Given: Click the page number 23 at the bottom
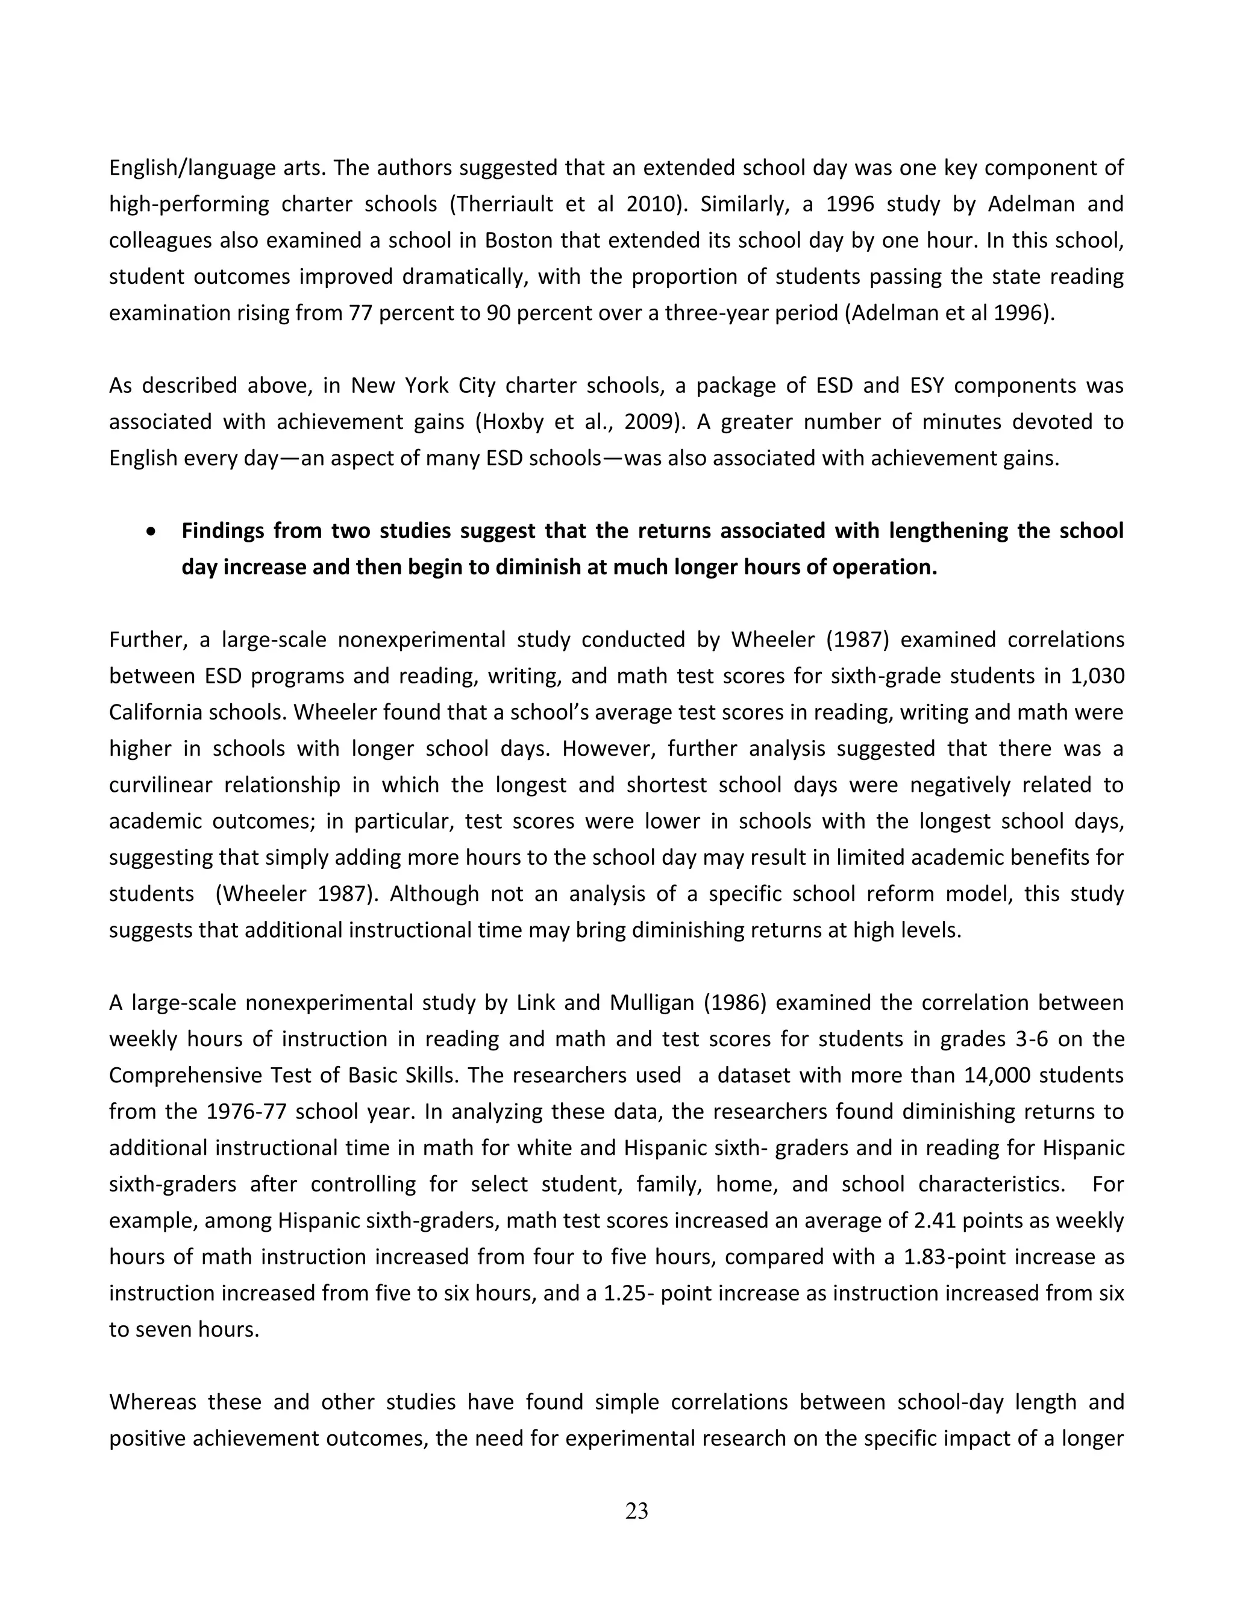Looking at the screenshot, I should [636, 1511].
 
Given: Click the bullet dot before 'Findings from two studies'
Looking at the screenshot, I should [151, 532].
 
